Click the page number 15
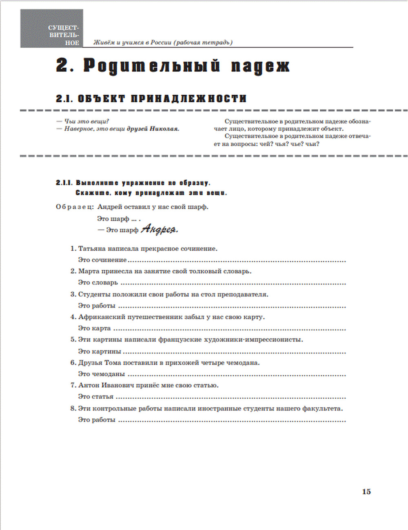[x=366, y=492]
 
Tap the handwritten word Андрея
[x=160, y=230]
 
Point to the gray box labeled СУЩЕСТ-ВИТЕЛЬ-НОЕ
[x=52, y=29]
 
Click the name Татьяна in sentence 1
[x=92, y=248]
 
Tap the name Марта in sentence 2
[x=87, y=271]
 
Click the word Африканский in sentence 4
[x=99, y=317]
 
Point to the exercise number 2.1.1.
[x=64, y=183]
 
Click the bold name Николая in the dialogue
[x=164, y=129]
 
